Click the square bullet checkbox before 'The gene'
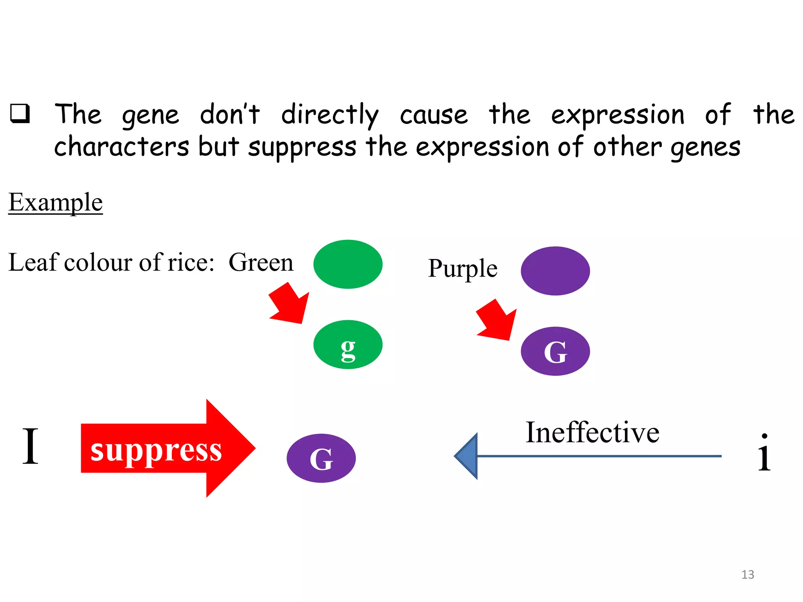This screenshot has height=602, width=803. (20, 114)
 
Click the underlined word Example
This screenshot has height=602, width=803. (56, 203)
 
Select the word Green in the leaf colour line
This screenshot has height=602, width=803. (261, 262)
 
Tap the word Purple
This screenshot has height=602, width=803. (463, 269)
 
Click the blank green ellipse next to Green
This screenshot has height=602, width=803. (348, 264)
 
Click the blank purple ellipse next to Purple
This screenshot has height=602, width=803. (555, 271)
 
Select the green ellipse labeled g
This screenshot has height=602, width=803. (348, 345)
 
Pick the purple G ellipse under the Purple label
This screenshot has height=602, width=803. (555, 351)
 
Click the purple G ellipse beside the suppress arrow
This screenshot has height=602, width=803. (321, 458)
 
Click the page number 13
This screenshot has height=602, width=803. (748, 575)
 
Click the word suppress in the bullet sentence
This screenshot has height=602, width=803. (302, 147)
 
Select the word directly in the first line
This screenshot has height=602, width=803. (330, 114)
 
